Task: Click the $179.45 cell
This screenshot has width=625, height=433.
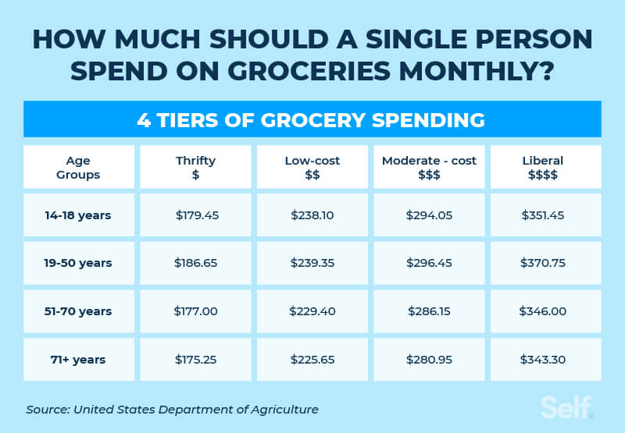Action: tap(195, 215)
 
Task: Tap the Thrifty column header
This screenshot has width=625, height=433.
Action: tap(195, 168)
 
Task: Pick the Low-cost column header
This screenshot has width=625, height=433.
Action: tap(312, 168)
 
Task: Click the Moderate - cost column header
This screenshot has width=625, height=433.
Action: tap(429, 168)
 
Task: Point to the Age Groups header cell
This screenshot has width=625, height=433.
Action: tap(78, 168)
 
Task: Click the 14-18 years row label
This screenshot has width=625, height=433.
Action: tap(78, 215)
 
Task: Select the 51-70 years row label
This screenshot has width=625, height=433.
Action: tap(78, 311)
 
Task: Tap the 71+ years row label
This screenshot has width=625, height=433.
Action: tap(78, 360)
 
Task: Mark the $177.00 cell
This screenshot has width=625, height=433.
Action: tap(195, 311)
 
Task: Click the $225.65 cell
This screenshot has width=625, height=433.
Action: tap(312, 360)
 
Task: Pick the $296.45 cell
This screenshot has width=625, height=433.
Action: tap(429, 263)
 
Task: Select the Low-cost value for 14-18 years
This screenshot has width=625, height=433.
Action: tap(312, 215)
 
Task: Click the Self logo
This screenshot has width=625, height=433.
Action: tap(567, 406)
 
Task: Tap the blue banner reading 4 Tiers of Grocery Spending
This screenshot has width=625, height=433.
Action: tap(312, 120)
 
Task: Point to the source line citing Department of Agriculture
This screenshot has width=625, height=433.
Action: tap(172, 409)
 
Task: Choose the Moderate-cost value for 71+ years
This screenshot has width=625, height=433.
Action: tap(429, 360)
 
